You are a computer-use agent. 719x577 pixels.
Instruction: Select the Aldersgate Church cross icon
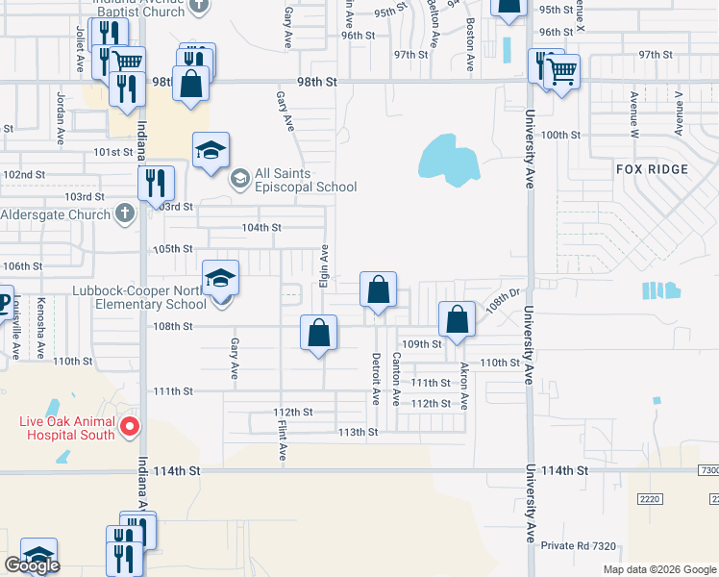[x=124, y=213]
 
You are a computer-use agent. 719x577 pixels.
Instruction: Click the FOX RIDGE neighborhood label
[x=653, y=169]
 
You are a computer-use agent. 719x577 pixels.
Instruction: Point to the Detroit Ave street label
[x=377, y=378]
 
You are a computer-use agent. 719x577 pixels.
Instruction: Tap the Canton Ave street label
[x=396, y=378]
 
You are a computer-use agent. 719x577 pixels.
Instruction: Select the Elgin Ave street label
[x=325, y=266]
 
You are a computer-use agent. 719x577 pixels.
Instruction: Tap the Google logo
[x=31, y=566]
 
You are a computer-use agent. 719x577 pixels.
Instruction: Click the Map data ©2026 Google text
[x=659, y=569]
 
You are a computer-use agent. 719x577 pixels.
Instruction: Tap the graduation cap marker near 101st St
[x=211, y=150]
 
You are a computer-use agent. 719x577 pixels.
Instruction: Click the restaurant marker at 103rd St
[x=155, y=182]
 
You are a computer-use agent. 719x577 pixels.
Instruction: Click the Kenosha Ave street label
[x=40, y=328]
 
